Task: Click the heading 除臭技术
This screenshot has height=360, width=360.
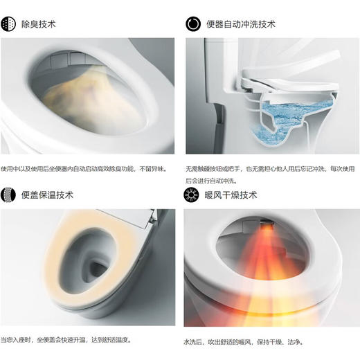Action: [x=39, y=24]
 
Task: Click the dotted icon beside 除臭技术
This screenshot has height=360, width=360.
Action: [x=10, y=24]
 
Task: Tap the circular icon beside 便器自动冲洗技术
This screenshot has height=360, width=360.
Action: [x=192, y=24]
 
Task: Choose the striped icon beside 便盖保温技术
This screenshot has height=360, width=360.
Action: [x=10, y=195]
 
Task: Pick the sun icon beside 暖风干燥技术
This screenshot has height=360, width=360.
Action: [x=192, y=195]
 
